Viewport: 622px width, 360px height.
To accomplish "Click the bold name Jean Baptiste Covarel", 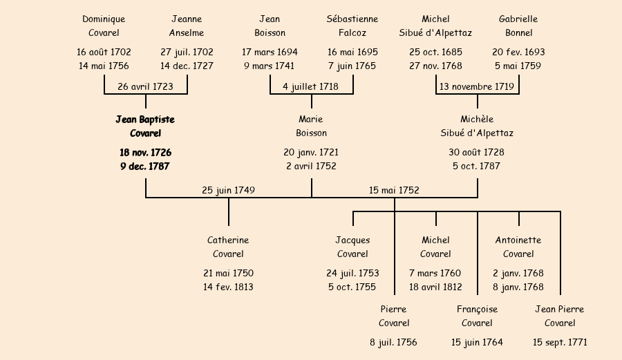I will pyautogui.click(x=145, y=126).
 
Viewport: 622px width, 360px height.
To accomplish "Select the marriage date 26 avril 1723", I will pyautogui.click(x=145, y=87).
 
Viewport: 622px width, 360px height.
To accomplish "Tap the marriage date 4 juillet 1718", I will pyautogui.click(x=311, y=87).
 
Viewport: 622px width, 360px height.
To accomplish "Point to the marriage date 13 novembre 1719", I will pyautogui.click(x=477, y=87).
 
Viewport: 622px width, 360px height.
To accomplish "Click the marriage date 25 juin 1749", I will pyautogui.click(x=228, y=190).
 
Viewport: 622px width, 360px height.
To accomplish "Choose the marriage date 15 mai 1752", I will pyautogui.click(x=394, y=190).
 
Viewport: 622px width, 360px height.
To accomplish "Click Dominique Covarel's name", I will pyautogui.click(x=104, y=26).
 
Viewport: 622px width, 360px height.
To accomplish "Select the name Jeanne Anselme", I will pyautogui.click(x=187, y=26).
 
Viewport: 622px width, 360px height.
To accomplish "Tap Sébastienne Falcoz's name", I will pyautogui.click(x=352, y=26).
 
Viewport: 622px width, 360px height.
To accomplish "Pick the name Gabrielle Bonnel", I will pyautogui.click(x=518, y=26).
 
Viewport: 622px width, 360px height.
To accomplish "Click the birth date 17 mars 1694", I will pyautogui.click(x=270, y=53).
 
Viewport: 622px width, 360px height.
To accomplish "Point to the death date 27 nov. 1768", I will pyautogui.click(x=435, y=66).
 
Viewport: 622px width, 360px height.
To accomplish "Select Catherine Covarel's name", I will pyautogui.click(x=228, y=247).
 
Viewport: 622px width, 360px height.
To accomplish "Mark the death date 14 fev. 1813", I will pyautogui.click(x=228, y=287).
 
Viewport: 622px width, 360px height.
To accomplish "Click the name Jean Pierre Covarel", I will pyautogui.click(x=560, y=316).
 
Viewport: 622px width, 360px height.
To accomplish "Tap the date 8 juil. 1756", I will pyautogui.click(x=394, y=343).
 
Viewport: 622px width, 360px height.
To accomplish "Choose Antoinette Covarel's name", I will pyautogui.click(x=518, y=247).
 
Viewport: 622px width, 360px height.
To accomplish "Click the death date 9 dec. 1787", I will pyautogui.click(x=145, y=167).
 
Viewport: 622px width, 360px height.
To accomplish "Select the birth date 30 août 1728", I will pyautogui.click(x=477, y=153).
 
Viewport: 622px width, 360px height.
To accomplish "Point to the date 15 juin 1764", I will pyautogui.click(x=477, y=343).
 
